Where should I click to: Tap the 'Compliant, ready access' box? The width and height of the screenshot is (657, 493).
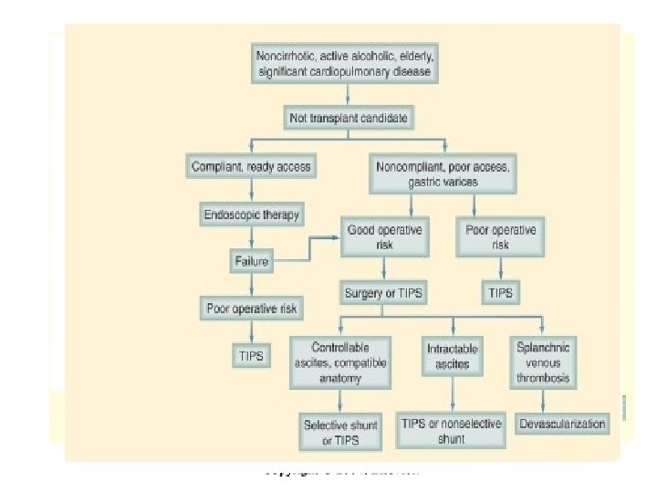pyautogui.click(x=250, y=167)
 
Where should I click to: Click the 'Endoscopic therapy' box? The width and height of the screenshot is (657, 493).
pyautogui.click(x=250, y=215)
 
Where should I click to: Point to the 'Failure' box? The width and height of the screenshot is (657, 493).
pyautogui.click(x=250, y=262)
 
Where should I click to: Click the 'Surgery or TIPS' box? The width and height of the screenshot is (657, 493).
pyautogui.click(x=384, y=294)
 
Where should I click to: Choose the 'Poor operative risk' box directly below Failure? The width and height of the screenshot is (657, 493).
pyautogui.click(x=250, y=308)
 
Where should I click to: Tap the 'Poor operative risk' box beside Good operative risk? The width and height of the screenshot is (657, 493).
pyautogui.click(x=501, y=236)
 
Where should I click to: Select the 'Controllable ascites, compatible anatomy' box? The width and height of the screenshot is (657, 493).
pyautogui.click(x=339, y=362)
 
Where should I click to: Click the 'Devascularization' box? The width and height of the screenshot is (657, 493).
pyautogui.click(x=562, y=425)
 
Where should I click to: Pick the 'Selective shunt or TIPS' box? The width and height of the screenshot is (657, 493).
pyautogui.click(x=339, y=432)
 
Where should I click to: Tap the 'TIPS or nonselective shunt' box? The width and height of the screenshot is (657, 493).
pyautogui.click(x=453, y=432)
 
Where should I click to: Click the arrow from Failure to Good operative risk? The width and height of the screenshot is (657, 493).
pyautogui.click(x=306, y=251)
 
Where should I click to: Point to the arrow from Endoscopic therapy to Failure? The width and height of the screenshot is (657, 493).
pyautogui.click(x=250, y=239)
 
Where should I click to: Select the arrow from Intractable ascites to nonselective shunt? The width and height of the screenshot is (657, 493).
pyautogui.click(x=453, y=393)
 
